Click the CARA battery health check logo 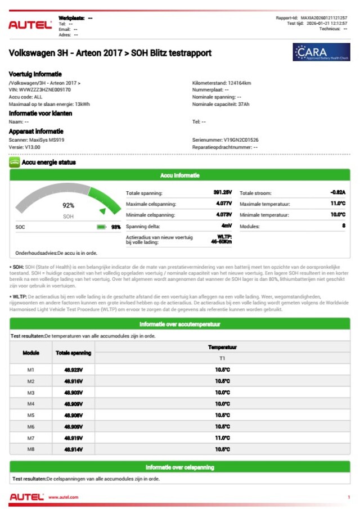pyautogui.click(x=321, y=52)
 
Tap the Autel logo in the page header pyautogui.click(x=30, y=25)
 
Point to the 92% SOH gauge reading pyautogui.click(x=68, y=206)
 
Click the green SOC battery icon pyautogui.click(x=101, y=227)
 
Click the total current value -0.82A pyautogui.click(x=337, y=192)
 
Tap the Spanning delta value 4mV pyautogui.click(x=226, y=226)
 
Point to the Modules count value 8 pyautogui.click(x=343, y=226)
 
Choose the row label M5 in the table pyautogui.click(x=31, y=415)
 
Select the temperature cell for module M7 pyautogui.click(x=223, y=438)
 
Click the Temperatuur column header pyautogui.click(x=223, y=348)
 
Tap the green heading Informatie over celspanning pyautogui.click(x=180, y=467)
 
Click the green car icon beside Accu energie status pyautogui.click(x=15, y=163)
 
